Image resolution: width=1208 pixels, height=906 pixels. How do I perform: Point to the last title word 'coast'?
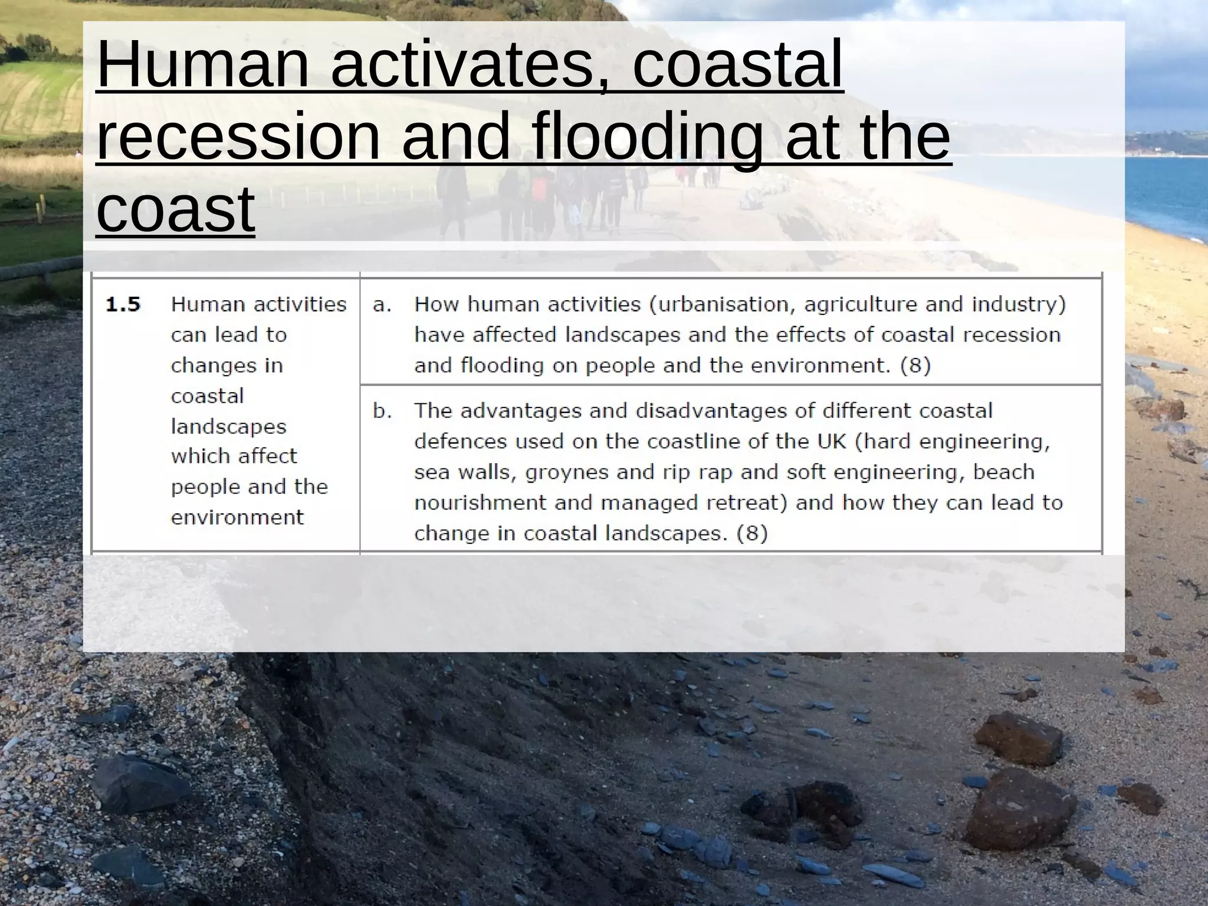click(175, 208)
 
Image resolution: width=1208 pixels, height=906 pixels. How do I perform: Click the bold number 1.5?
click(123, 304)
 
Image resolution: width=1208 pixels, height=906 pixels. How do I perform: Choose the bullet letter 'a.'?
click(382, 304)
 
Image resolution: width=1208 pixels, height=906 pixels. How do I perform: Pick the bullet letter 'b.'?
click(382, 411)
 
